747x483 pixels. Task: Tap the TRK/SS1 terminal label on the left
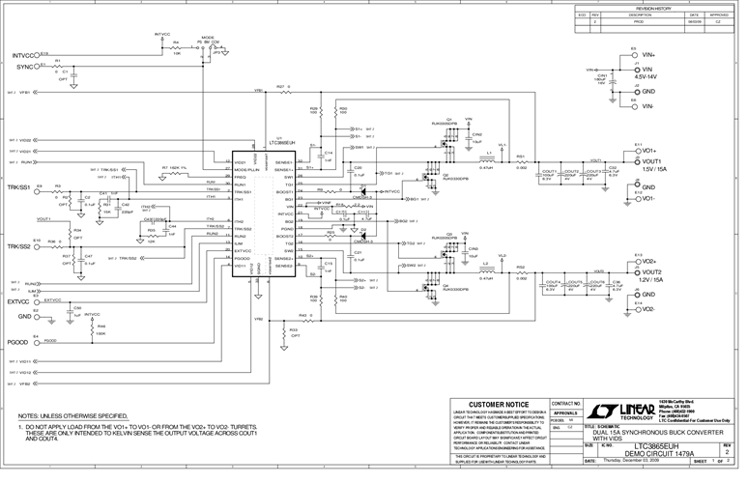[x=20, y=185]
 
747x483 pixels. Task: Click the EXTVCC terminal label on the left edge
[x=20, y=301]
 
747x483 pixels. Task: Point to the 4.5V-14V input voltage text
[x=658, y=76]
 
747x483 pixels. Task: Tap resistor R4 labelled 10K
[x=176, y=48]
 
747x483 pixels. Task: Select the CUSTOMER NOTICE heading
[x=496, y=403]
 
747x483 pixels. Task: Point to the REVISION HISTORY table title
[x=660, y=5]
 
